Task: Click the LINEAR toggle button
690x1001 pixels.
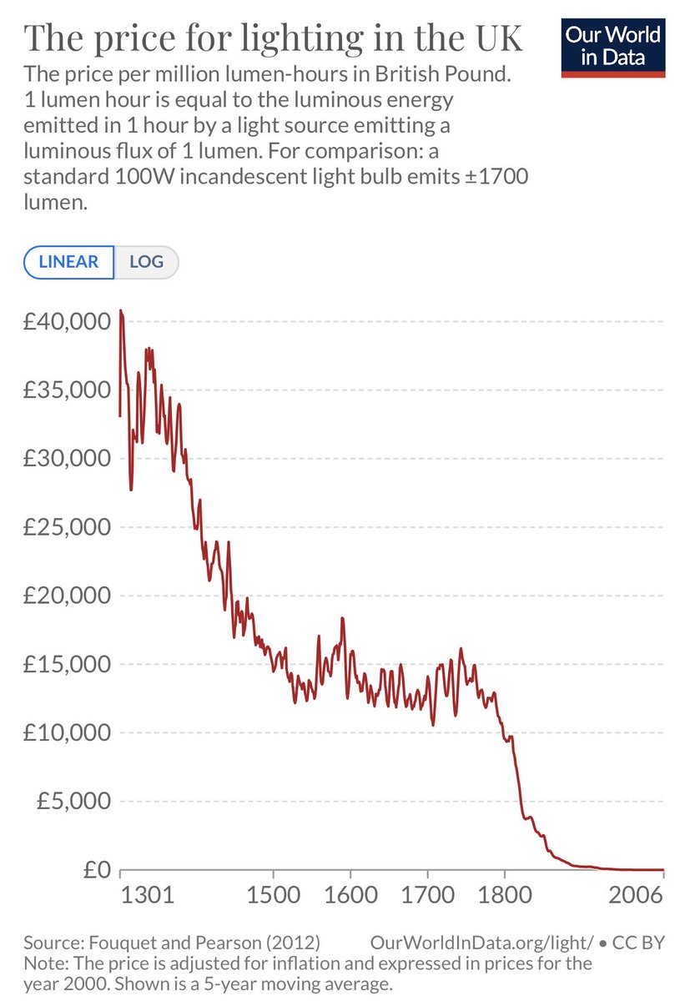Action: coord(68,262)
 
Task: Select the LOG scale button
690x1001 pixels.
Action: coord(146,262)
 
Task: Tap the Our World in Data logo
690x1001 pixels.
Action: coord(613,46)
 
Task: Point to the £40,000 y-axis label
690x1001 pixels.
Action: coord(63,322)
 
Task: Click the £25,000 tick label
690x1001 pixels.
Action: coord(63,527)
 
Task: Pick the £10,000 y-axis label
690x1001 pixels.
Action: coord(63,732)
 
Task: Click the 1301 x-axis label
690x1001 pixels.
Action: coord(147,898)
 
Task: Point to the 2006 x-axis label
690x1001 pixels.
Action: coord(636,898)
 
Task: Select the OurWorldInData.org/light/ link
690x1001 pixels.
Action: coord(481,943)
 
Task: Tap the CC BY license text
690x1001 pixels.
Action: coord(638,943)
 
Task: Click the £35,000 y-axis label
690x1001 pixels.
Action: coord(63,390)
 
